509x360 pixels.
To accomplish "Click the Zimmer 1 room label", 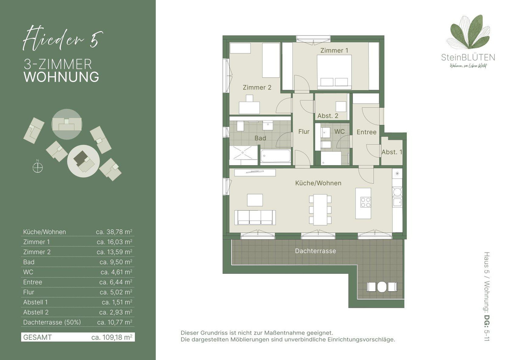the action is (334, 50).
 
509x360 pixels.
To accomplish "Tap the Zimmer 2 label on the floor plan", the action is (257, 87).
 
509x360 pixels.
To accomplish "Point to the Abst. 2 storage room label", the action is (327, 116).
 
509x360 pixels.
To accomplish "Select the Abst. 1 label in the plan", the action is (392, 152).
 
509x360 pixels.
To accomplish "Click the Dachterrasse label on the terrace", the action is (316, 251).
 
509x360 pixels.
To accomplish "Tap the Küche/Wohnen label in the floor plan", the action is (318, 183).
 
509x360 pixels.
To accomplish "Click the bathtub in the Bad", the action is (276, 156).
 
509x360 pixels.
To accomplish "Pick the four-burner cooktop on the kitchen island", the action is (366, 202).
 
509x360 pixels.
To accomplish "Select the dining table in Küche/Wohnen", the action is (320, 209).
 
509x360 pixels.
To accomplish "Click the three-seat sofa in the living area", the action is (255, 218).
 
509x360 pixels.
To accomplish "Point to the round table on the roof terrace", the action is (382, 287).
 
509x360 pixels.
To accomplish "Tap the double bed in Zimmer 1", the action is (334, 72).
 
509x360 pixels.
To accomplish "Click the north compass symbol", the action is (37, 168).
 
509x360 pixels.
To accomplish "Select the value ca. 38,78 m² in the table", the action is (114, 232).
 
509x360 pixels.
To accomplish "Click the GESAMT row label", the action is (37, 337).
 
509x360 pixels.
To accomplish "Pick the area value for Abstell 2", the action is (116, 312).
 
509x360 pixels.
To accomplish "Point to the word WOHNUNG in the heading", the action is (62, 77).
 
